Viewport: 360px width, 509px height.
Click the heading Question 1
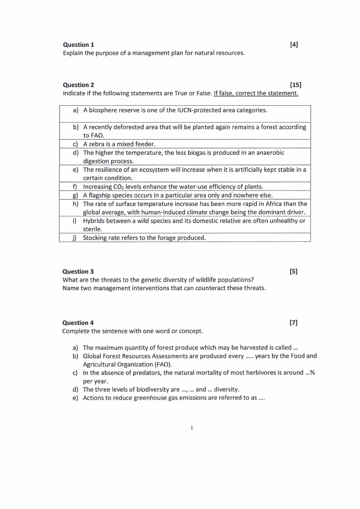point(78,44)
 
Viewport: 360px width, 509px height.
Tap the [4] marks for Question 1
point(293,44)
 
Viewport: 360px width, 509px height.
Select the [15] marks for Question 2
point(295,85)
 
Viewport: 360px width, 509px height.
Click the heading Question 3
point(78,271)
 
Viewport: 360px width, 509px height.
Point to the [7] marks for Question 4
point(293,323)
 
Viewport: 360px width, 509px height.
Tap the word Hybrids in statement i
point(94,220)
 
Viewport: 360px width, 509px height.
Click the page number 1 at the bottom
point(192,427)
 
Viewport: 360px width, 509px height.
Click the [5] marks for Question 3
point(293,271)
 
